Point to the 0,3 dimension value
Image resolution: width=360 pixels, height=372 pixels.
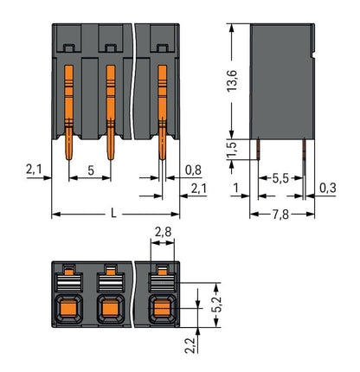click(327, 188)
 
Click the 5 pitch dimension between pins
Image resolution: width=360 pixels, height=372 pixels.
click(91, 171)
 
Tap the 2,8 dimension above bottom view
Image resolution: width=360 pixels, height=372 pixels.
click(162, 233)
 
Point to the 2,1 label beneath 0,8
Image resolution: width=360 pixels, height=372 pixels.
click(197, 188)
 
